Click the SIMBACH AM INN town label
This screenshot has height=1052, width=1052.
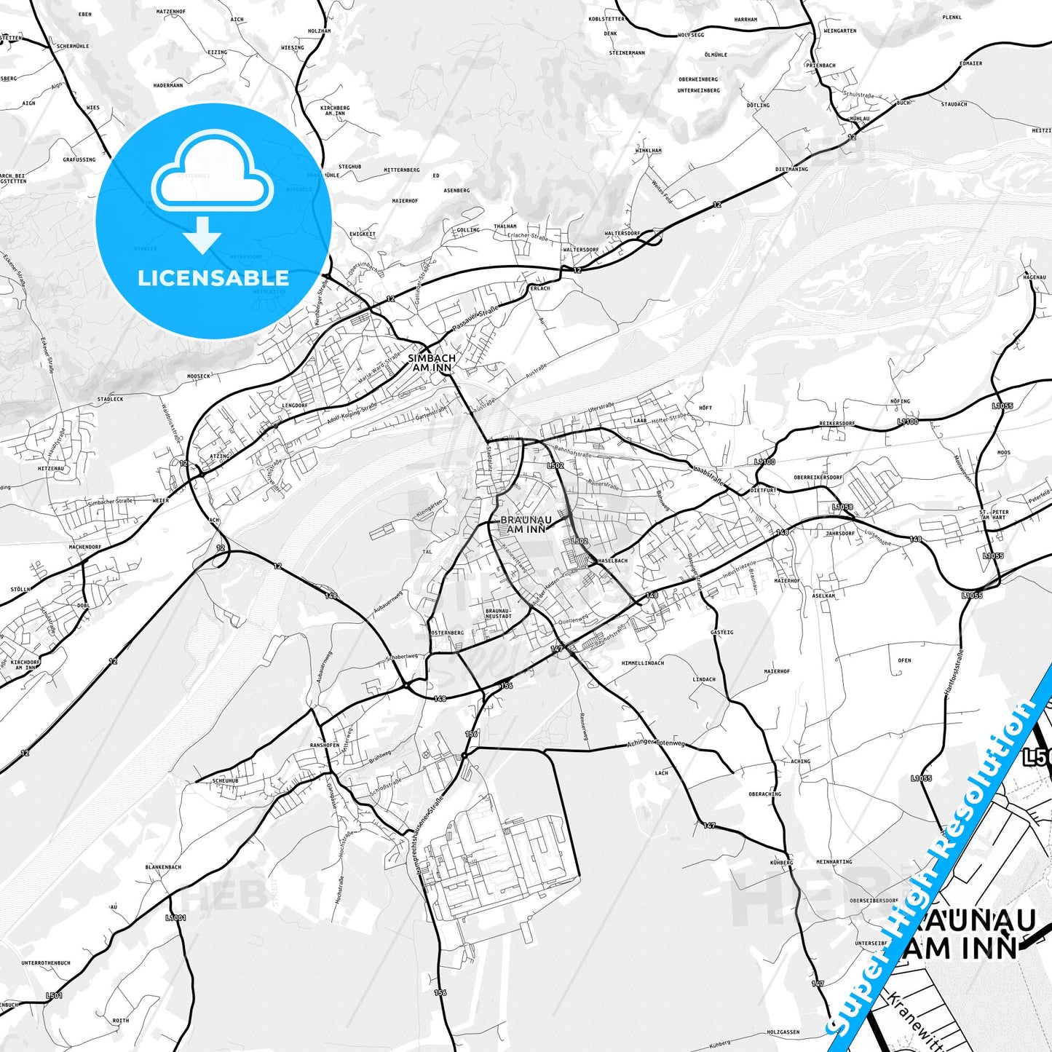click(x=432, y=363)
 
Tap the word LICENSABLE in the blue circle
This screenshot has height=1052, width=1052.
click(x=213, y=278)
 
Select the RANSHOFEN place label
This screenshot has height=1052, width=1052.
click(x=325, y=746)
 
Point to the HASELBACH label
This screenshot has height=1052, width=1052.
click(x=612, y=561)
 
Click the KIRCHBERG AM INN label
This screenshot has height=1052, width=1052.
click(x=335, y=111)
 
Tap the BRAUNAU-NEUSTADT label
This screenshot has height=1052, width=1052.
click(x=498, y=613)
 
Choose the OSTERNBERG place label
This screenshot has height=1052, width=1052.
click(x=447, y=633)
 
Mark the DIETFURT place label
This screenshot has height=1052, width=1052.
click(x=763, y=491)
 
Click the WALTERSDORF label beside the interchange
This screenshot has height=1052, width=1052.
click(x=622, y=234)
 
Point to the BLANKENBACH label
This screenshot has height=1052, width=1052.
click(x=163, y=867)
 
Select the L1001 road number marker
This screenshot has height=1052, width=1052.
click(x=175, y=918)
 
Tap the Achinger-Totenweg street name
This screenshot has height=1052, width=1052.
click(x=656, y=744)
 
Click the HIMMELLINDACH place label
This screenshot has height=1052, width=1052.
click(x=643, y=663)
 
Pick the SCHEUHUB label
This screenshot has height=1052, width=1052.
click(x=225, y=780)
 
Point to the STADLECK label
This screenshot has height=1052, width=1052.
click(x=110, y=399)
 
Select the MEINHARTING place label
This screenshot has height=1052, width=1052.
click(x=834, y=862)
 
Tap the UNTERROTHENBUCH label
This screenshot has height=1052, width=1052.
click(x=46, y=963)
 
